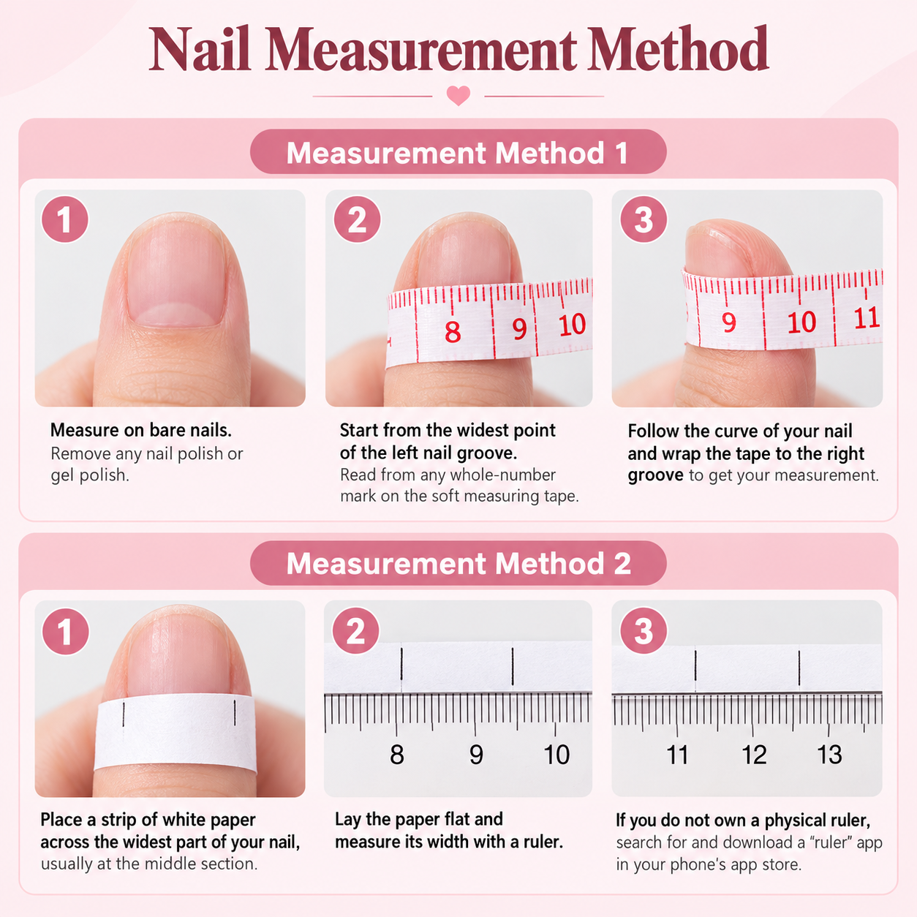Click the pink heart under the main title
[458, 95]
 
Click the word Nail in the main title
[200, 48]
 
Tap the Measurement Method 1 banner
[458, 152]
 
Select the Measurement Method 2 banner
[458, 563]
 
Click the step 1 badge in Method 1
[65, 219]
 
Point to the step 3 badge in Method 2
[644, 631]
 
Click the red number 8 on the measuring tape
[453, 332]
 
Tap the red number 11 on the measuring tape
[866, 318]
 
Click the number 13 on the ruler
[829, 755]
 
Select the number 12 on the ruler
[754, 755]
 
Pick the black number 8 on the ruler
[397, 755]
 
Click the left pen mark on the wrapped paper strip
[124, 714]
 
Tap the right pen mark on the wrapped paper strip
[235, 712]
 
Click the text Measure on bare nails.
[141, 430]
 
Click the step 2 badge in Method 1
[357, 219]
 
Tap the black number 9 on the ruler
[476, 755]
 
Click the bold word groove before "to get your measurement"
[655, 475]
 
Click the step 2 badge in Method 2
[355, 631]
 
